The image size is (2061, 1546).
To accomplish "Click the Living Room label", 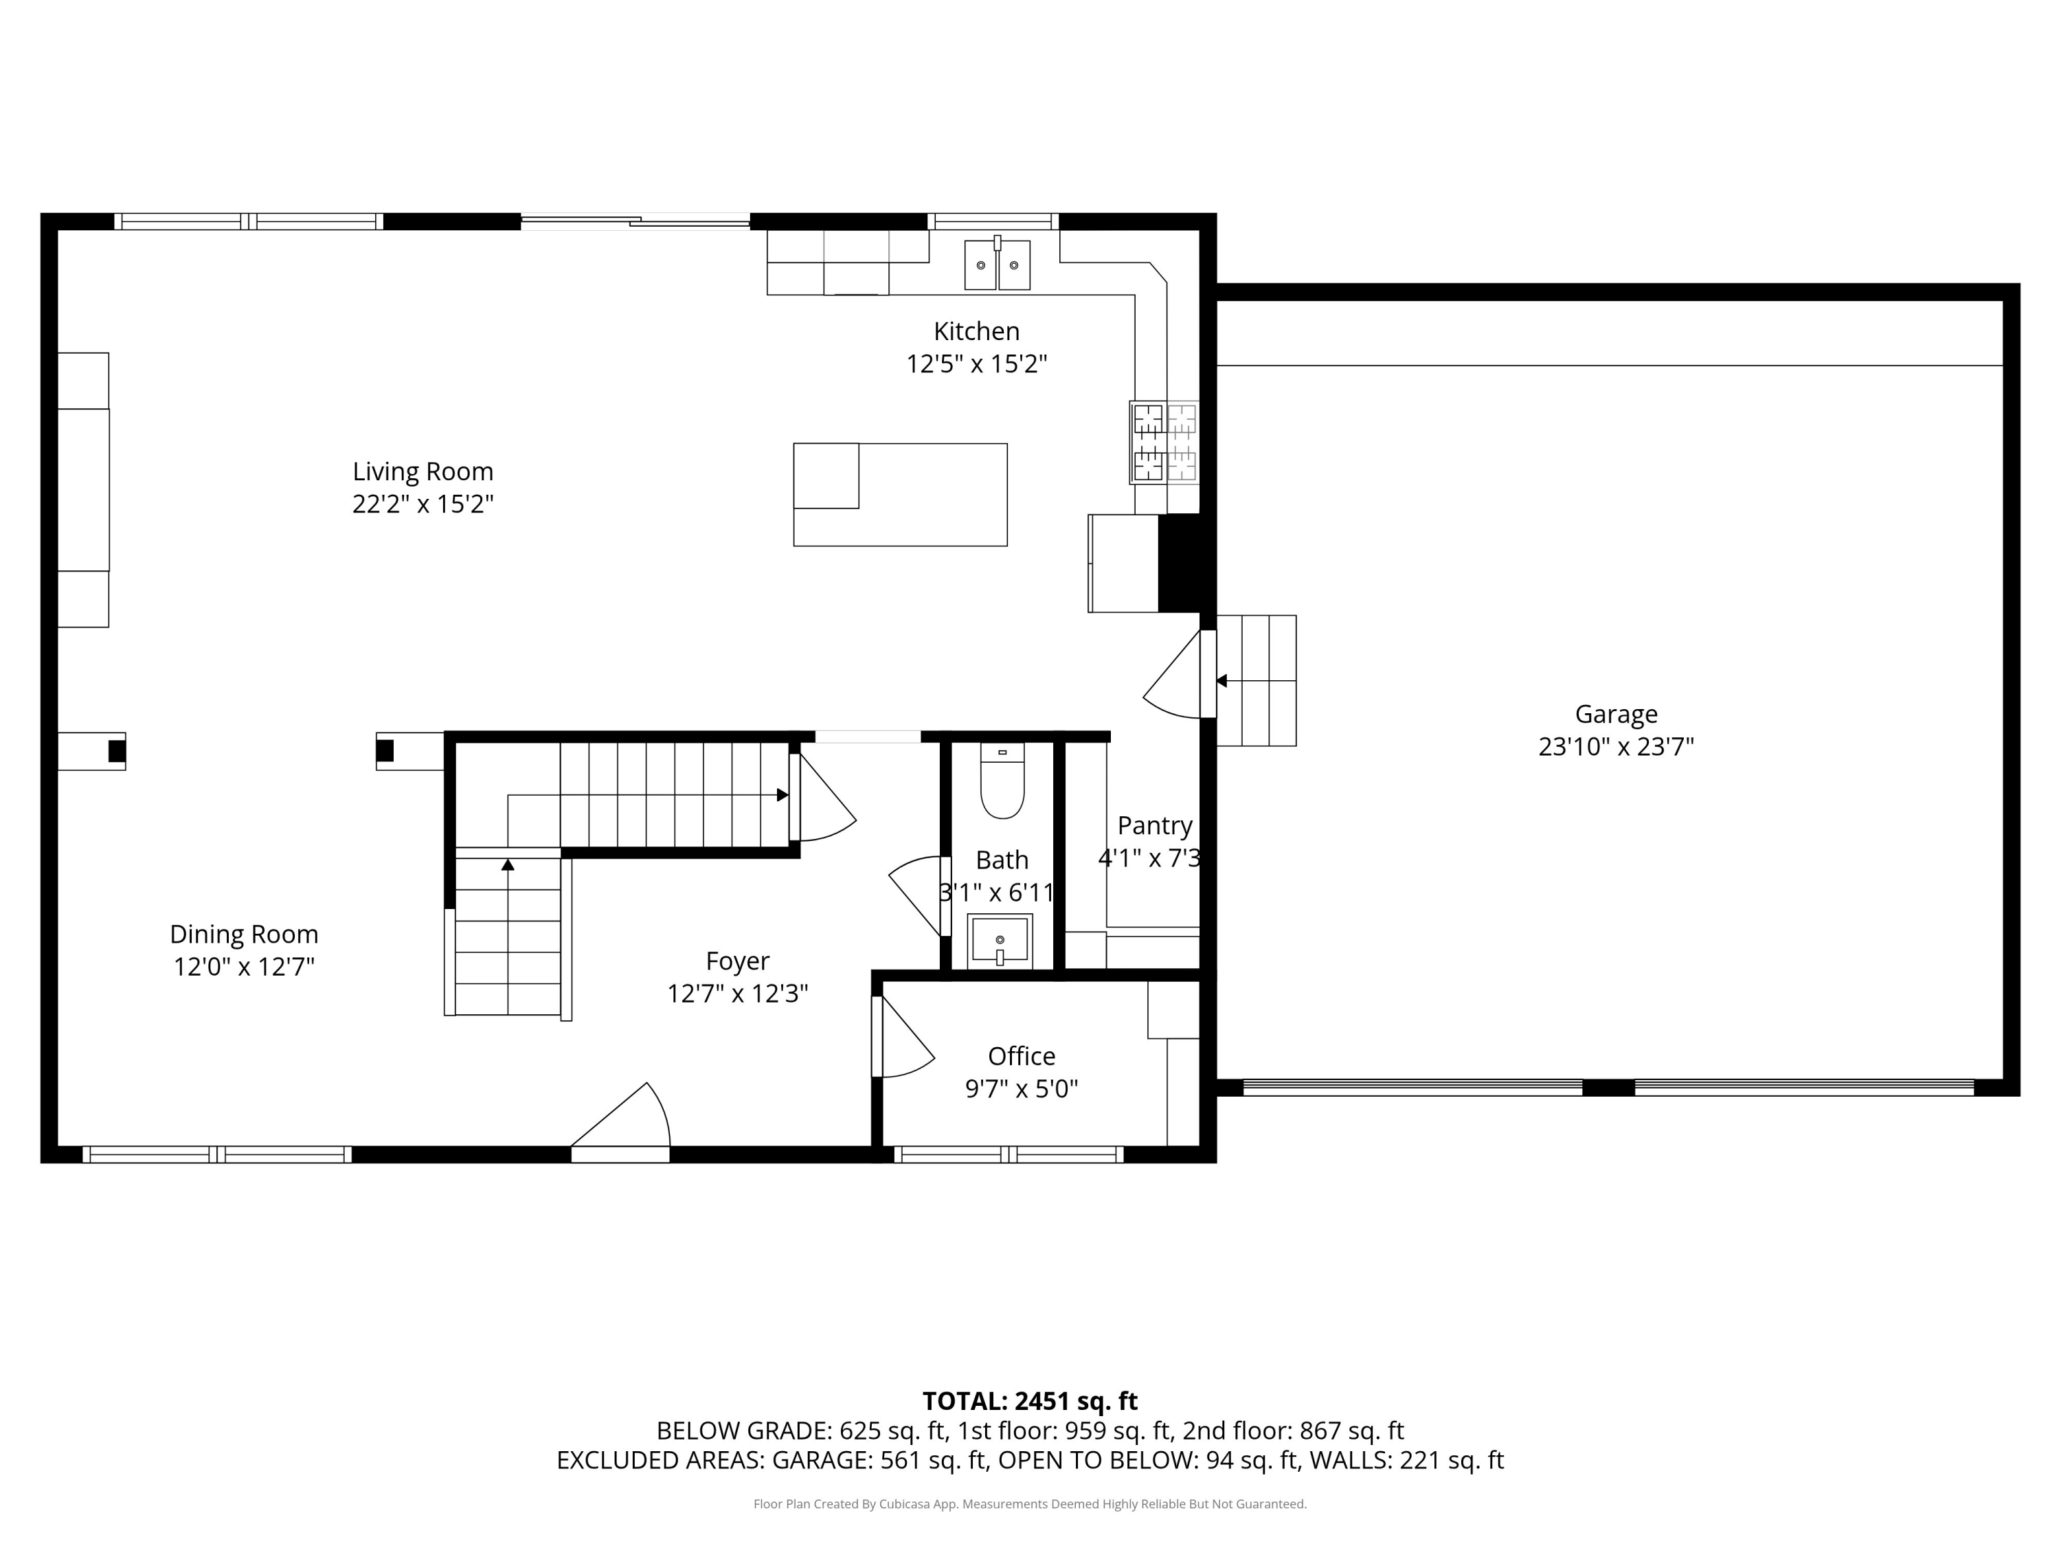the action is (x=423, y=471).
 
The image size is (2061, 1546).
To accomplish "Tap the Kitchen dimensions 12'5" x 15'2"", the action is (x=976, y=363).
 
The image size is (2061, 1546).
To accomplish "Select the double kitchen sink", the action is (x=997, y=265).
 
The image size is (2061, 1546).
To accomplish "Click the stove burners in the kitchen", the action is (x=1164, y=442).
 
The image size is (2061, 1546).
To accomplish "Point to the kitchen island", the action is (x=900, y=495).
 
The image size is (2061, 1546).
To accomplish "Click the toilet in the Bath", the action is (x=1002, y=781).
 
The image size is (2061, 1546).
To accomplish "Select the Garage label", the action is (x=1616, y=715).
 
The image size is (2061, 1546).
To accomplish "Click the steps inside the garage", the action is (x=1256, y=680).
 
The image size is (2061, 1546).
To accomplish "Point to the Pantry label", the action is (x=1154, y=827).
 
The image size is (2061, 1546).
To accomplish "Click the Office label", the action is (x=1021, y=1057).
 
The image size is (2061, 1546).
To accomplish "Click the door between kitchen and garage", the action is (x=1180, y=675).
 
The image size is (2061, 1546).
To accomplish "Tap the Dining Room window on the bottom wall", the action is (x=217, y=1154).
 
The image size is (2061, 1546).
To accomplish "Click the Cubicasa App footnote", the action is (x=1030, y=1504).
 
